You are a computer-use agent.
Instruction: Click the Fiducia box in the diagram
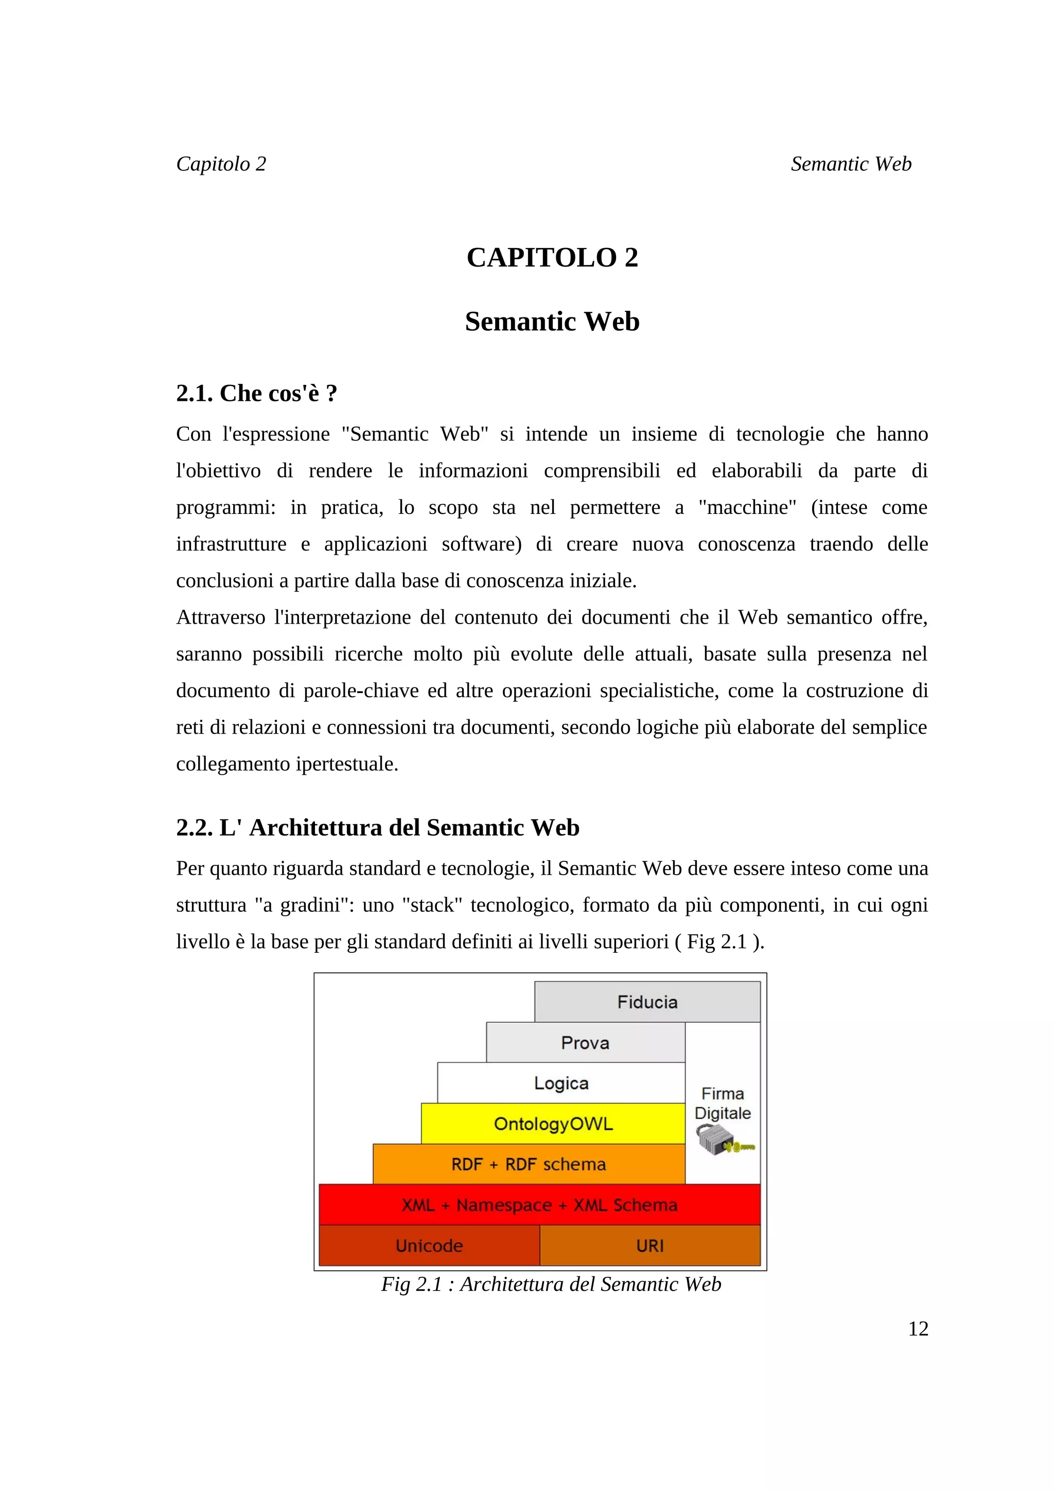(x=647, y=1002)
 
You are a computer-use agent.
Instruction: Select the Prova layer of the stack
(x=585, y=1043)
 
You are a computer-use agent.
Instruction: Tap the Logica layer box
(x=561, y=1083)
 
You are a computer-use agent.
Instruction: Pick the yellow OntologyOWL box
(x=553, y=1124)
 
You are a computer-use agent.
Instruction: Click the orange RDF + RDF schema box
(x=529, y=1164)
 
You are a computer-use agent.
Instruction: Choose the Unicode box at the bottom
(x=429, y=1246)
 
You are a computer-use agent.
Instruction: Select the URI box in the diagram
(x=649, y=1246)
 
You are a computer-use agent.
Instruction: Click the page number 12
(x=918, y=1328)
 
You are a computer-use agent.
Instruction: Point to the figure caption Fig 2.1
(x=551, y=1284)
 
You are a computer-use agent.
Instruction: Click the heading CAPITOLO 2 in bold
(x=552, y=258)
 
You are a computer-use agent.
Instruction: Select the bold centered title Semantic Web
(x=552, y=322)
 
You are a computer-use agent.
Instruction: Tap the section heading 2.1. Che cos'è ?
(x=256, y=393)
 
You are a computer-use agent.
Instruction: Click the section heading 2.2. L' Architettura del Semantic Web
(x=377, y=827)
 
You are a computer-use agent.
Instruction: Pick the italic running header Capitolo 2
(x=221, y=164)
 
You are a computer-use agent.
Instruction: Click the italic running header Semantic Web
(x=851, y=164)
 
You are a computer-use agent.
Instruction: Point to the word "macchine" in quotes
(x=747, y=507)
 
